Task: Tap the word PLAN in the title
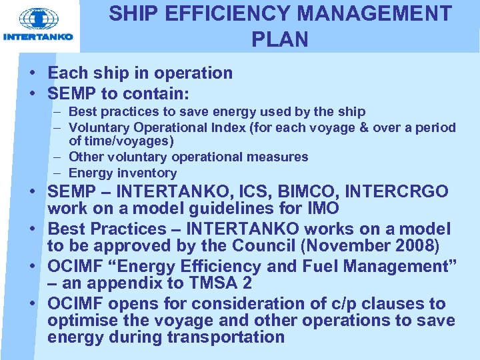click(280, 40)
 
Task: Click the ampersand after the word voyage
click(363, 127)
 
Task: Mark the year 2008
click(415, 245)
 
